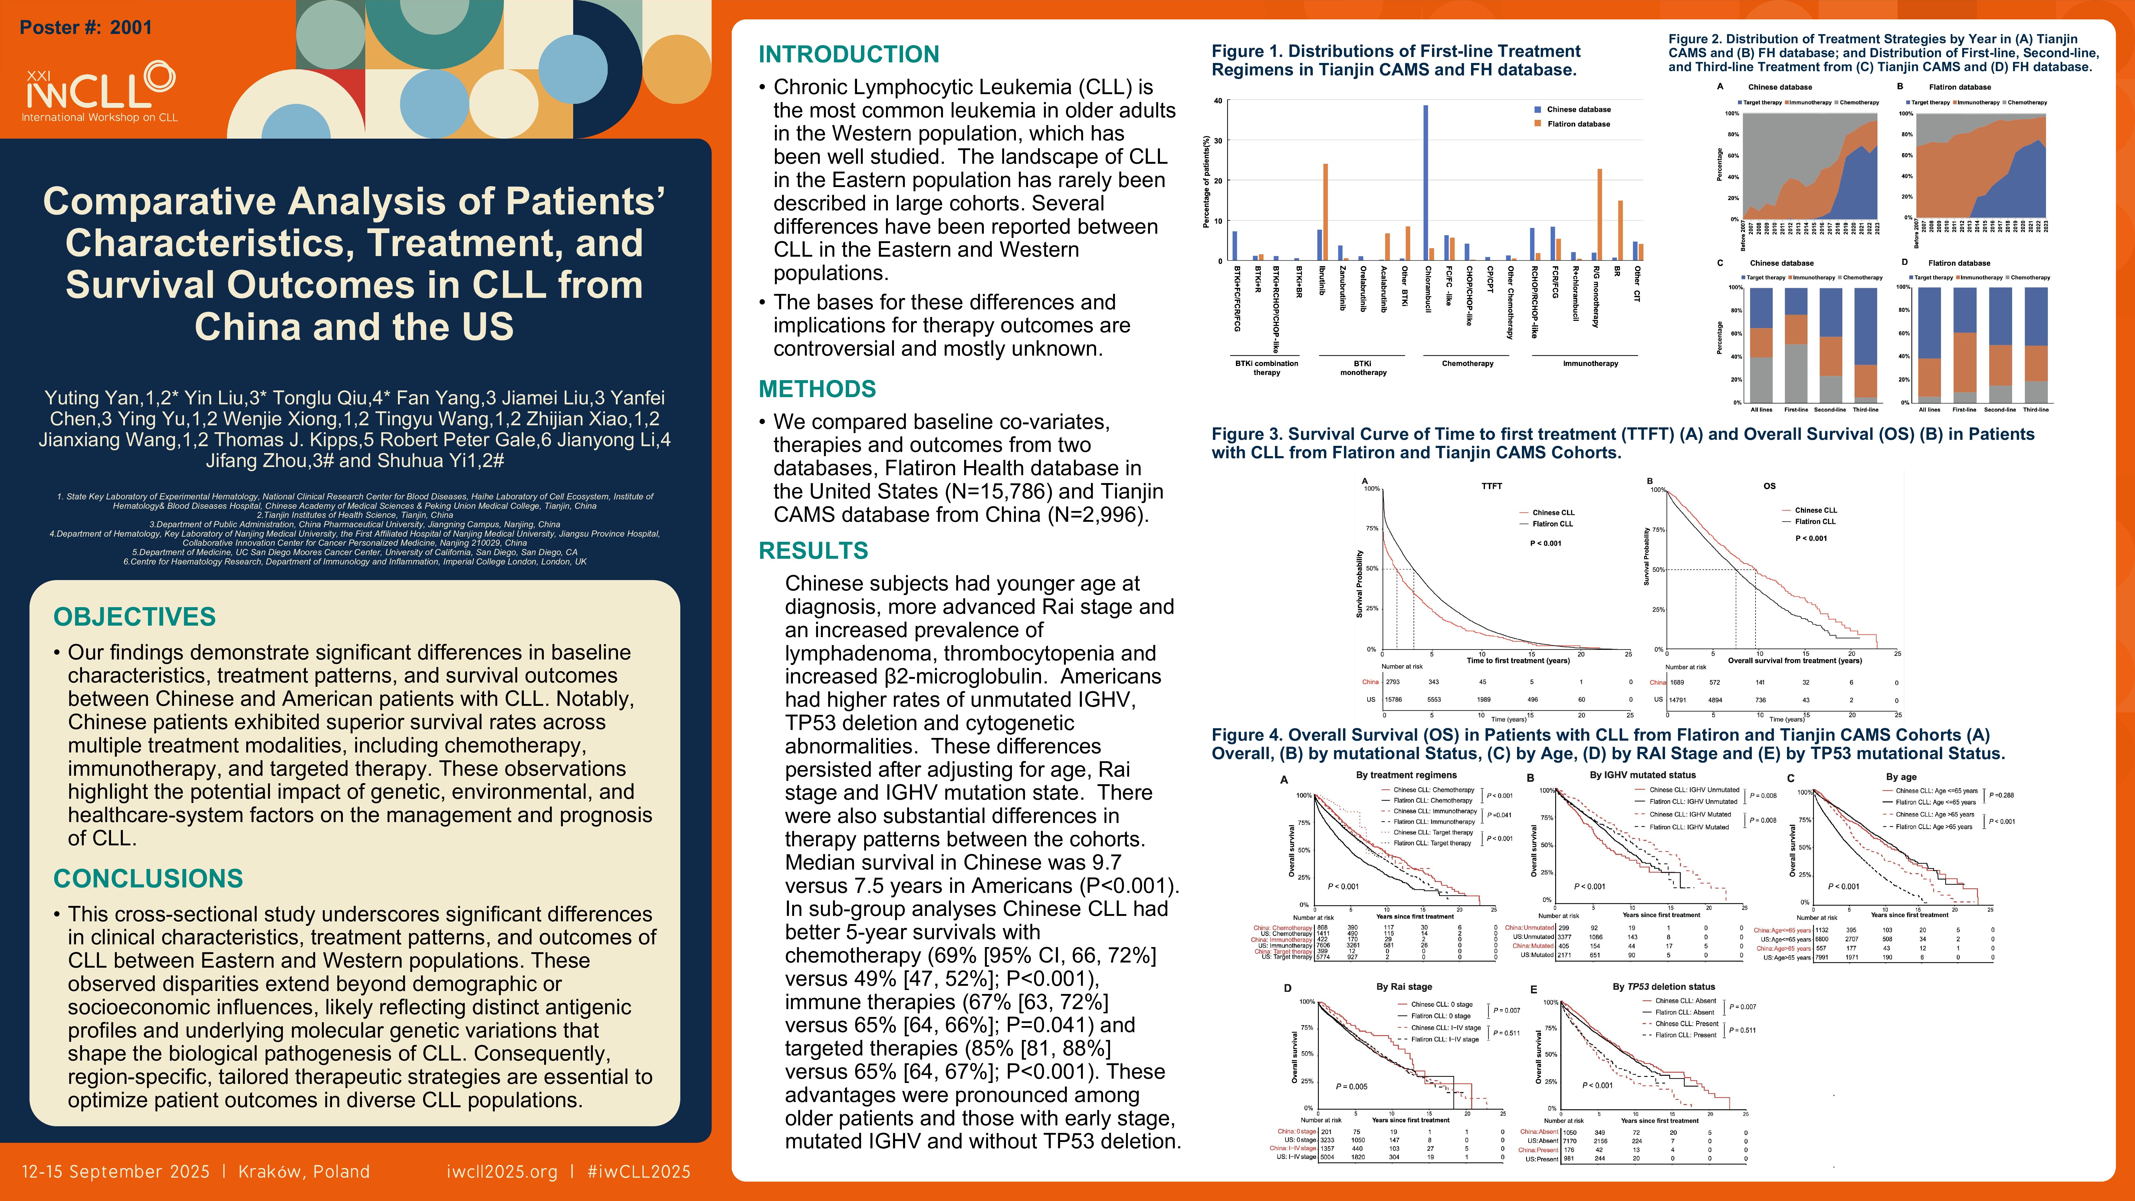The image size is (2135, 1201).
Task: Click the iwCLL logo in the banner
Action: click(100, 91)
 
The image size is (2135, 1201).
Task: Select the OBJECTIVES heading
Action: click(134, 617)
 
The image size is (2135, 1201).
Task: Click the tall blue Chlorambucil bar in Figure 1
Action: click(1426, 182)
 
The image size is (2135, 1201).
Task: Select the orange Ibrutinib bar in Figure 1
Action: click(1325, 212)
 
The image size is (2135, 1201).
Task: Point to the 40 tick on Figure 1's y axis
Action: click(1217, 101)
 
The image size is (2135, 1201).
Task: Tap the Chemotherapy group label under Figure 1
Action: click(1467, 363)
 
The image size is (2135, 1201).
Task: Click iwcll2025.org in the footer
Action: click(501, 1171)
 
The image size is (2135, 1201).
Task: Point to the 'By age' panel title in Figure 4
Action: click(1901, 777)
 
